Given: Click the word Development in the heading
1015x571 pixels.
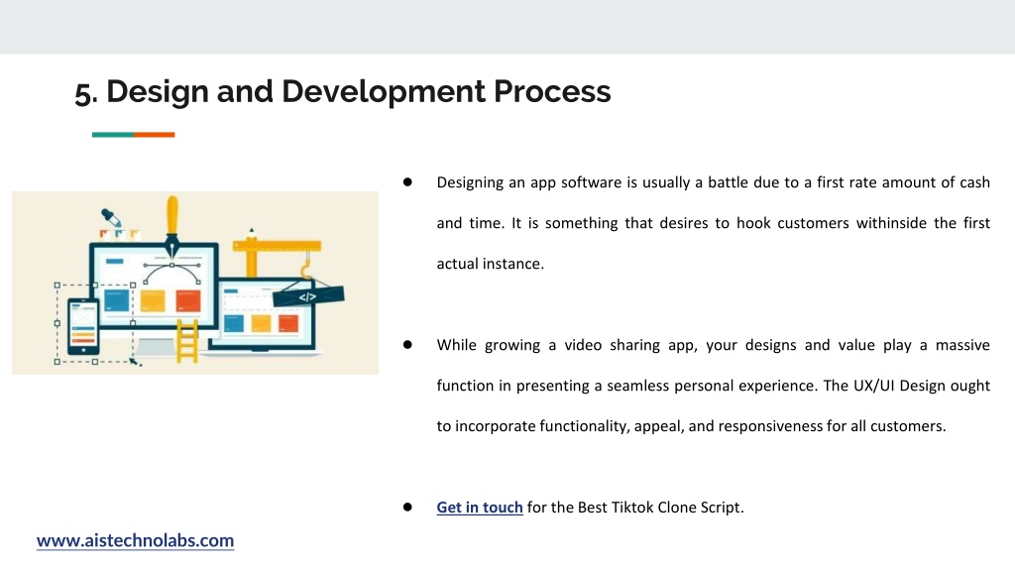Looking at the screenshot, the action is click(x=384, y=91).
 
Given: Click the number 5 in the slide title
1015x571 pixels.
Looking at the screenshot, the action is click(x=83, y=92).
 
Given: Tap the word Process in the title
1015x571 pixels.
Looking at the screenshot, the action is click(x=552, y=91).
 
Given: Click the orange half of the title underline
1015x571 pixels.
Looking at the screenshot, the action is click(x=154, y=135).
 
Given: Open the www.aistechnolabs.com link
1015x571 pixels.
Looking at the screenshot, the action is click(x=135, y=540).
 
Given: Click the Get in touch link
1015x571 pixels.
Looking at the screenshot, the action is click(x=480, y=507).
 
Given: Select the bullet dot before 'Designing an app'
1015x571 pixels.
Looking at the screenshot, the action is click(x=407, y=182).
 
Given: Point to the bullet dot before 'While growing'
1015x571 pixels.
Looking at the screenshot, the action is click(x=407, y=344).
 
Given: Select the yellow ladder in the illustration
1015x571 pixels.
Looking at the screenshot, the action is click(x=187, y=341).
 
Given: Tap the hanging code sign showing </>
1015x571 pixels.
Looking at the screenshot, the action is click(x=308, y=296).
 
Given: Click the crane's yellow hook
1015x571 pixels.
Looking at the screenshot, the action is click(x=306, y=267).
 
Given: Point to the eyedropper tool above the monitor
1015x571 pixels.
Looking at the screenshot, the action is click(x=111, y=217).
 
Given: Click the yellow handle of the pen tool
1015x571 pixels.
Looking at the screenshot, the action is click(x=172, y=215).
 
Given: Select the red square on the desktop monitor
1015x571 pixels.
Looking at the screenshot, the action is click(x=188, y=300).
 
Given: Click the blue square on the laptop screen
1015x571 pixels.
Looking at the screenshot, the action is click(x=234, y=322).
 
